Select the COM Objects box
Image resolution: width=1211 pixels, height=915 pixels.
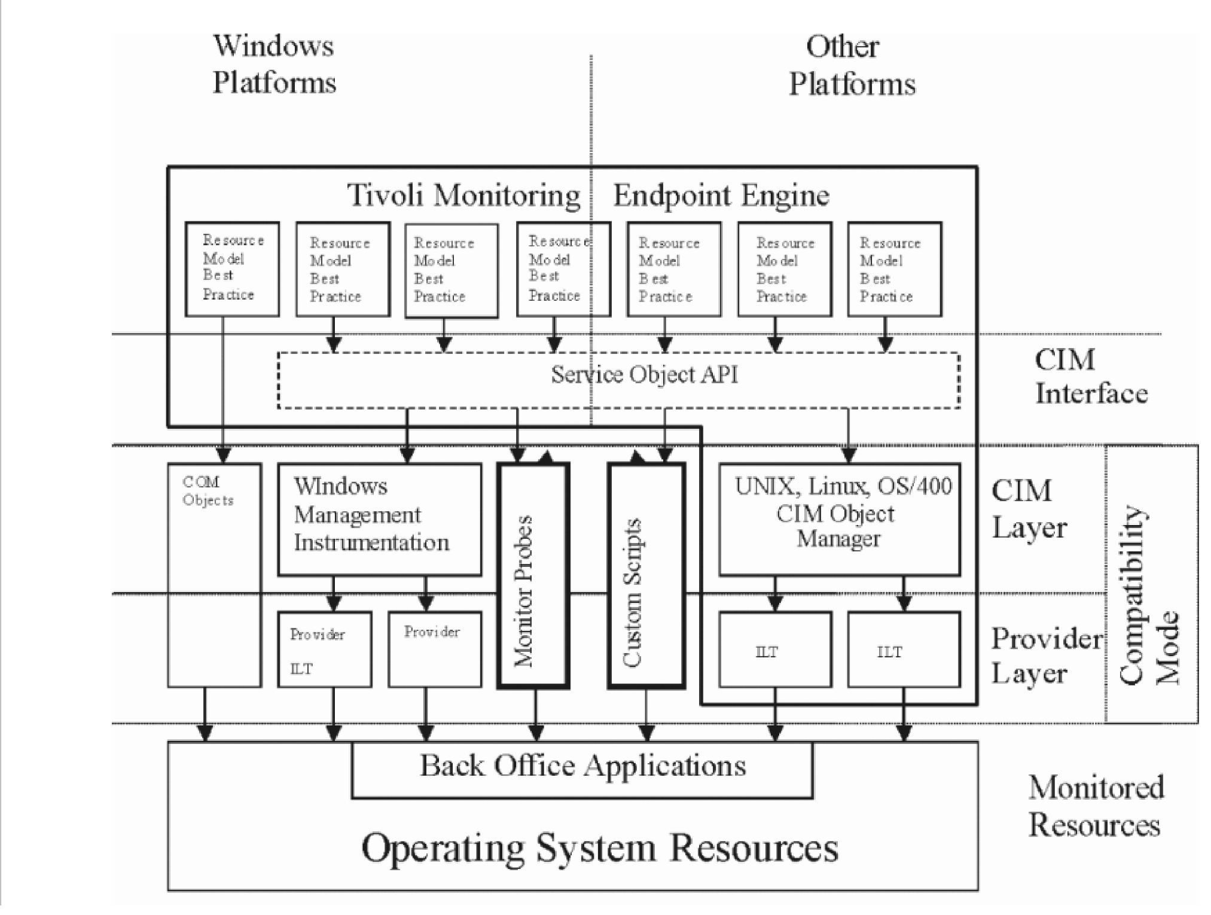point(214,575)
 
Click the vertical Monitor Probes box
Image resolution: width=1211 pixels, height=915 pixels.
point(533,575)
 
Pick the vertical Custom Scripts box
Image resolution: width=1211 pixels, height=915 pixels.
point(646,575)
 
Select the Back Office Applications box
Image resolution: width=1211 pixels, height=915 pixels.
point(582,768)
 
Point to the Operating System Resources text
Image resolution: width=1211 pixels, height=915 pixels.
point(600,848)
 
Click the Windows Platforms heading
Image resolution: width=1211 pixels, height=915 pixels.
point(274,65)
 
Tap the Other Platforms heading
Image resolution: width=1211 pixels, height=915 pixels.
point(851,66)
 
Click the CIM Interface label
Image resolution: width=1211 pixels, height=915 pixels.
point(1090,377)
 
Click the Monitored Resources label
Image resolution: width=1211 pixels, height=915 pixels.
point(1096,806)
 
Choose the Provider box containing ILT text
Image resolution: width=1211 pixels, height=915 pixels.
point(324,649)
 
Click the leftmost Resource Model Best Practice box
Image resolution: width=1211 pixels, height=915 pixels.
point(232,269)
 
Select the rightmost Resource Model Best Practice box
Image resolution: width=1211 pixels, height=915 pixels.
point(894,269)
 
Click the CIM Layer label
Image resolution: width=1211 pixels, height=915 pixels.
point(1029,509)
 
